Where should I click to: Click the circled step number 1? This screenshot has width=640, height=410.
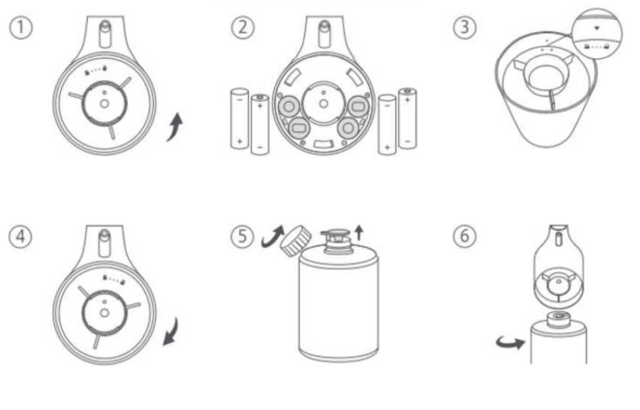[x=20, y=28]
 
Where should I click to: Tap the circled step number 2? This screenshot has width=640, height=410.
[x=243, y=28]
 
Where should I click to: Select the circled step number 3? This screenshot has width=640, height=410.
[x=465, y=28]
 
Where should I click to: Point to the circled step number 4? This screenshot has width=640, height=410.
[x=20, y=237]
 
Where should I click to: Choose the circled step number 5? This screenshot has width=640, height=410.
[x=242, y=237]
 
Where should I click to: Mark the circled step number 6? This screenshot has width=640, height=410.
[x=465, y=237]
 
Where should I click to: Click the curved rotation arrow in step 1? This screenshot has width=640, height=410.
[x=175, y=128]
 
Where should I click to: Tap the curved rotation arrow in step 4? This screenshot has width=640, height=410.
[x=171, y=331]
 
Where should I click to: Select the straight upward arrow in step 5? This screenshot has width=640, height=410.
[x=359, y=233]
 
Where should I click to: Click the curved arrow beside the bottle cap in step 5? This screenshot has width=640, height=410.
[x=272, y=237]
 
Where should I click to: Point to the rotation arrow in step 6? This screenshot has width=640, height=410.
[x=510, y=342]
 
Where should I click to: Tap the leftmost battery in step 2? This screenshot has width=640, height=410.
[x=239, y=118]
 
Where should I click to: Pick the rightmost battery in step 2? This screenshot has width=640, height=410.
[x=408, y=118]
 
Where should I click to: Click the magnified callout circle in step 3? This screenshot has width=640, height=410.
[x=597, y=34]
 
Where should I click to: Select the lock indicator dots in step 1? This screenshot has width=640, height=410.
[x=96, y=71]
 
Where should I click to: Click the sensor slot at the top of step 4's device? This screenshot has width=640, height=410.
[x=105, y=242]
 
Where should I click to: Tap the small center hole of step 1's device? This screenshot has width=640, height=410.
[x=104, y=104]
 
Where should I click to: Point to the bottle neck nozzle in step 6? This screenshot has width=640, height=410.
[x=559, y=319]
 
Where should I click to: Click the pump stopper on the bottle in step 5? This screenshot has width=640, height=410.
[x=336, y=241]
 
